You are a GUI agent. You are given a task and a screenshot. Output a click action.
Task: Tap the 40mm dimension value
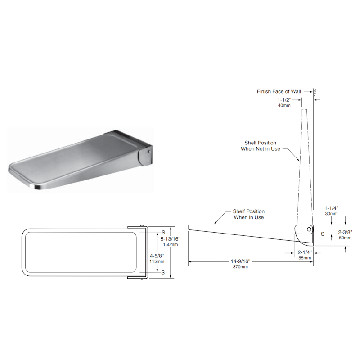click(284, 105)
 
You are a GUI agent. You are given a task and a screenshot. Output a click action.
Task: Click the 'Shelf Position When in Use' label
click(249, 214)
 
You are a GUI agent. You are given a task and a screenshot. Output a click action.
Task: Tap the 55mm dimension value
click(305, 258)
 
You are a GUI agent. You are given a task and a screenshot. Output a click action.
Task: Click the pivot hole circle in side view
click(309, 229)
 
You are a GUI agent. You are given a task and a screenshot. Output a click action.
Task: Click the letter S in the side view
click(323, 234)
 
